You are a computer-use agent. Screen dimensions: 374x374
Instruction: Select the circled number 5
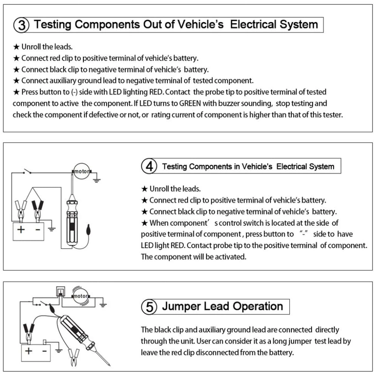[150, 307]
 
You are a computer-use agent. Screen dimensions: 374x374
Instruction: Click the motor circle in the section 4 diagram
[82, 172]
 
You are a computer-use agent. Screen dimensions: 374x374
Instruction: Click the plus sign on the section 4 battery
[21, 229]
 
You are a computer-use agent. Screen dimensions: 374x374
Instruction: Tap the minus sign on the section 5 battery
[44, 351]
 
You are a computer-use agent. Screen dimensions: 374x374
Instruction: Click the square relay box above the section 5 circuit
[60, 291]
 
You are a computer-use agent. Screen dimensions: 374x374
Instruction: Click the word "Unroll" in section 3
[32, 47]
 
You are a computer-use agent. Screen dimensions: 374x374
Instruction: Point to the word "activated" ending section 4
[230, 257]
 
